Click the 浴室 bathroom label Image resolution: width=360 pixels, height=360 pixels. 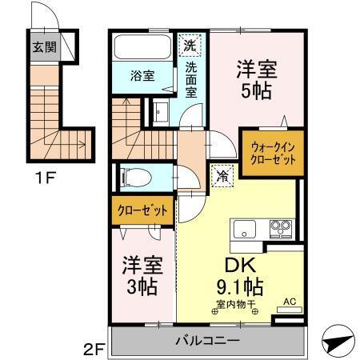143,77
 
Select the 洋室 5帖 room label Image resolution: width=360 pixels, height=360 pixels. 256,79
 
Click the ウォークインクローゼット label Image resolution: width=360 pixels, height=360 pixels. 274,153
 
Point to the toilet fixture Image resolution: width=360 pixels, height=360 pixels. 133,176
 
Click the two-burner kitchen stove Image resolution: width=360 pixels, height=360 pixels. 281,227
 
